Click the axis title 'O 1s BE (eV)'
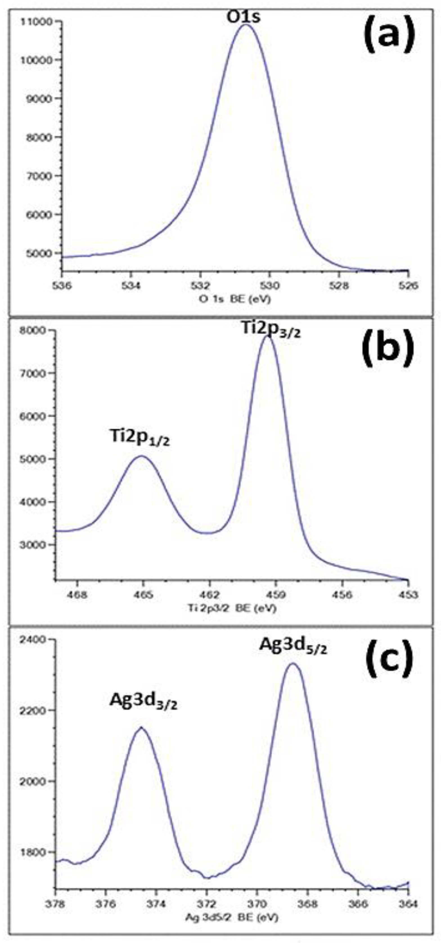[x=235, y=299]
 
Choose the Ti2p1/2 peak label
[x=140, y=438]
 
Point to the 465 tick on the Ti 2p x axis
[x=143, y=595]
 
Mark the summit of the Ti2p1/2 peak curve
[x=142, y=456]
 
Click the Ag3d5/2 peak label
[x=293, y=645]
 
